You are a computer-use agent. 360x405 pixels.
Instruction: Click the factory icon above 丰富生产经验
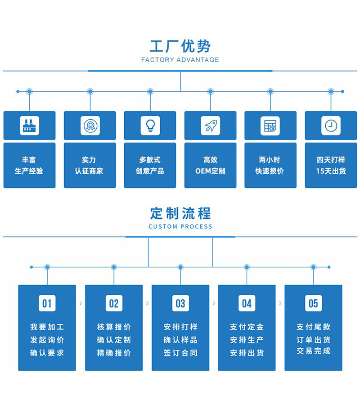click(x=29, y=126)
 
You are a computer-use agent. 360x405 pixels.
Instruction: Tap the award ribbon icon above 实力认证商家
click(x=90, y=126)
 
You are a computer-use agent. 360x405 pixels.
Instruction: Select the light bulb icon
click(x=150, y=126)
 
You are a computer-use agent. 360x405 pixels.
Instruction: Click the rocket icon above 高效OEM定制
click(x=210, y=126)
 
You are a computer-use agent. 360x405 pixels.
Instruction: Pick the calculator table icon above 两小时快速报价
click(x=270, y=126)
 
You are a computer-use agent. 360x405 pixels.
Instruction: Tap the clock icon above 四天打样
click(x=331, y=126)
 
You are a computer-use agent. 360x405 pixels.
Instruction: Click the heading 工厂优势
click(x=180, y=46)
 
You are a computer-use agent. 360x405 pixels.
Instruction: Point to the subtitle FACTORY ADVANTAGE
click(x=180, y=60)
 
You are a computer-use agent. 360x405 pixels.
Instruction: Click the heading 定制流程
click(x=180, y=213)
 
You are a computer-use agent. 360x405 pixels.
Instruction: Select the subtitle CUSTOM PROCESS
click(x=180, y=226)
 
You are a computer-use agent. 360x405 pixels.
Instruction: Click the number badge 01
click(x=47, y=303)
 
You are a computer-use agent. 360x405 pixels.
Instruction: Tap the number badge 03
click(x=180, y=303)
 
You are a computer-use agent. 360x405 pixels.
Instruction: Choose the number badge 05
click(x=313, y=303)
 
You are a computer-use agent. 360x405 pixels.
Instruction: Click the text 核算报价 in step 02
click(x=114, y=327)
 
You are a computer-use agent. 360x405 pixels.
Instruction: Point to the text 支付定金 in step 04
click(x=247, y=327)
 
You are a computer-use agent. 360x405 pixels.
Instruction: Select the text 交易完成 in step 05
click(x=313, y=351)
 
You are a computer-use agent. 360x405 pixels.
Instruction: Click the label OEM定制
click(x=210, y=171)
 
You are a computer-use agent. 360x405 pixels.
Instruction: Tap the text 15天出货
click(x=331, y=171)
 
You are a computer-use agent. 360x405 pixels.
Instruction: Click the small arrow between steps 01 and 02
click(x=81, y=303)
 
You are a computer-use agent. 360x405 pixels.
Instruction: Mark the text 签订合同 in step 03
click(x=180, y=353)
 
